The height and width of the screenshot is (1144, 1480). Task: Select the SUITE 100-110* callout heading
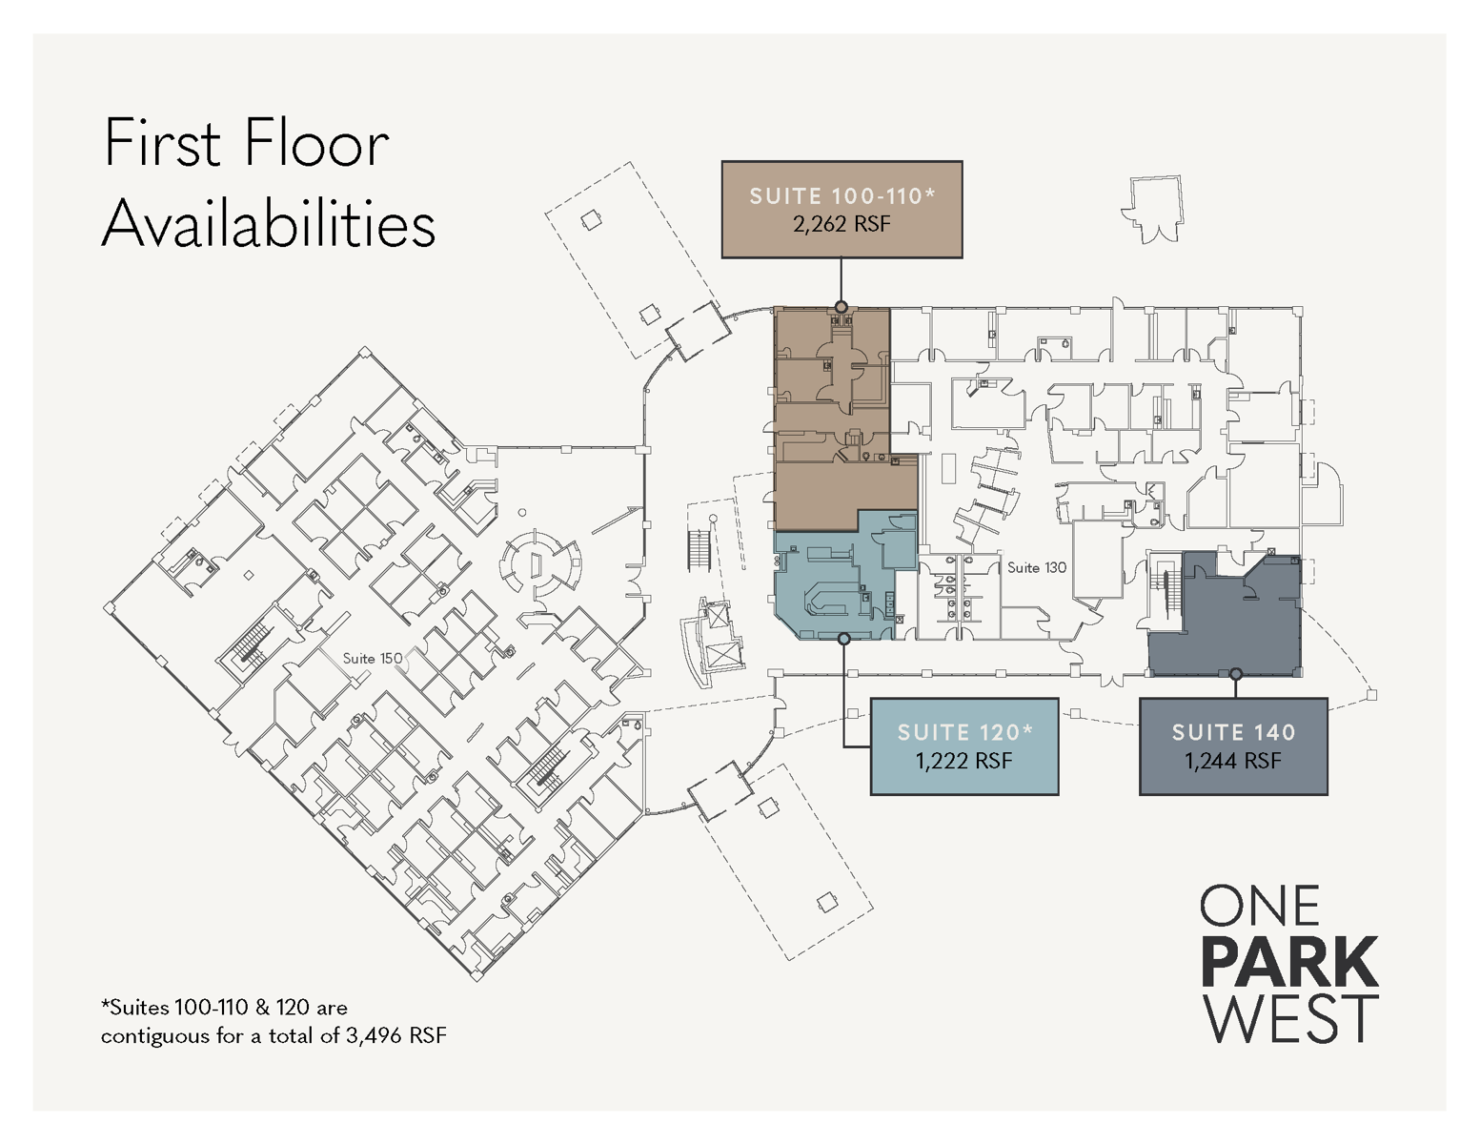tap(841, 196)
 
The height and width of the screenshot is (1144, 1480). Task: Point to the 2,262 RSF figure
tap(841, 225)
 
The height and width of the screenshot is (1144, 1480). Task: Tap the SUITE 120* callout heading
tap(964, 733)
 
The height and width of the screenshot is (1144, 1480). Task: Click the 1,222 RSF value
tap(964, 762)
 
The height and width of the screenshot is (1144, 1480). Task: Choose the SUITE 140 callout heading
tap(1233, 733)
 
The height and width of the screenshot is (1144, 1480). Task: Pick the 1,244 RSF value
tap(1233, 762)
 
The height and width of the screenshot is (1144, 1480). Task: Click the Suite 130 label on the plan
tap(1036, 568)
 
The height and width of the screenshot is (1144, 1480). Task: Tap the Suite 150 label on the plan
tap(372, 659)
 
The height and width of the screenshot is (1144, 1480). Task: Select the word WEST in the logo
tap(1289, 1019)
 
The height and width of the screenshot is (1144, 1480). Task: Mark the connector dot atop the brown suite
tap(841, 307)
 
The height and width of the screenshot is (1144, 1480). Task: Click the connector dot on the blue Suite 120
tap(843, 639)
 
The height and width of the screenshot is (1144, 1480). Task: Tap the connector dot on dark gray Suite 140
tap(1235, 674)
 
